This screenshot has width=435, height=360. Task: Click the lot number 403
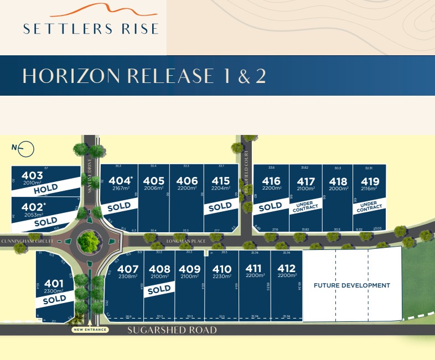(x=33, y=175)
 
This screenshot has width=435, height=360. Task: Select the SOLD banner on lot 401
(x=54, y=299)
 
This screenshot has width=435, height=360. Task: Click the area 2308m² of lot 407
(x=128, y=276)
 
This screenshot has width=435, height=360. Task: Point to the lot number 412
(x=287, y=269)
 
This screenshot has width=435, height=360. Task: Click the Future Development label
(x=352, y=285)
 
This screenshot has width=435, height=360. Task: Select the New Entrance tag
(x=90, y=330)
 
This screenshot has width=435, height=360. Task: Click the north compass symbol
(x=27, y=149)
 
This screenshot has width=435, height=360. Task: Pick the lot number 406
(x=187, y=180)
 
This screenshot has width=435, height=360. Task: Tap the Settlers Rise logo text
(x=91, y=28)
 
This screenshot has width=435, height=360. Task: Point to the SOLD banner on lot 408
(x=159, y=289)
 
